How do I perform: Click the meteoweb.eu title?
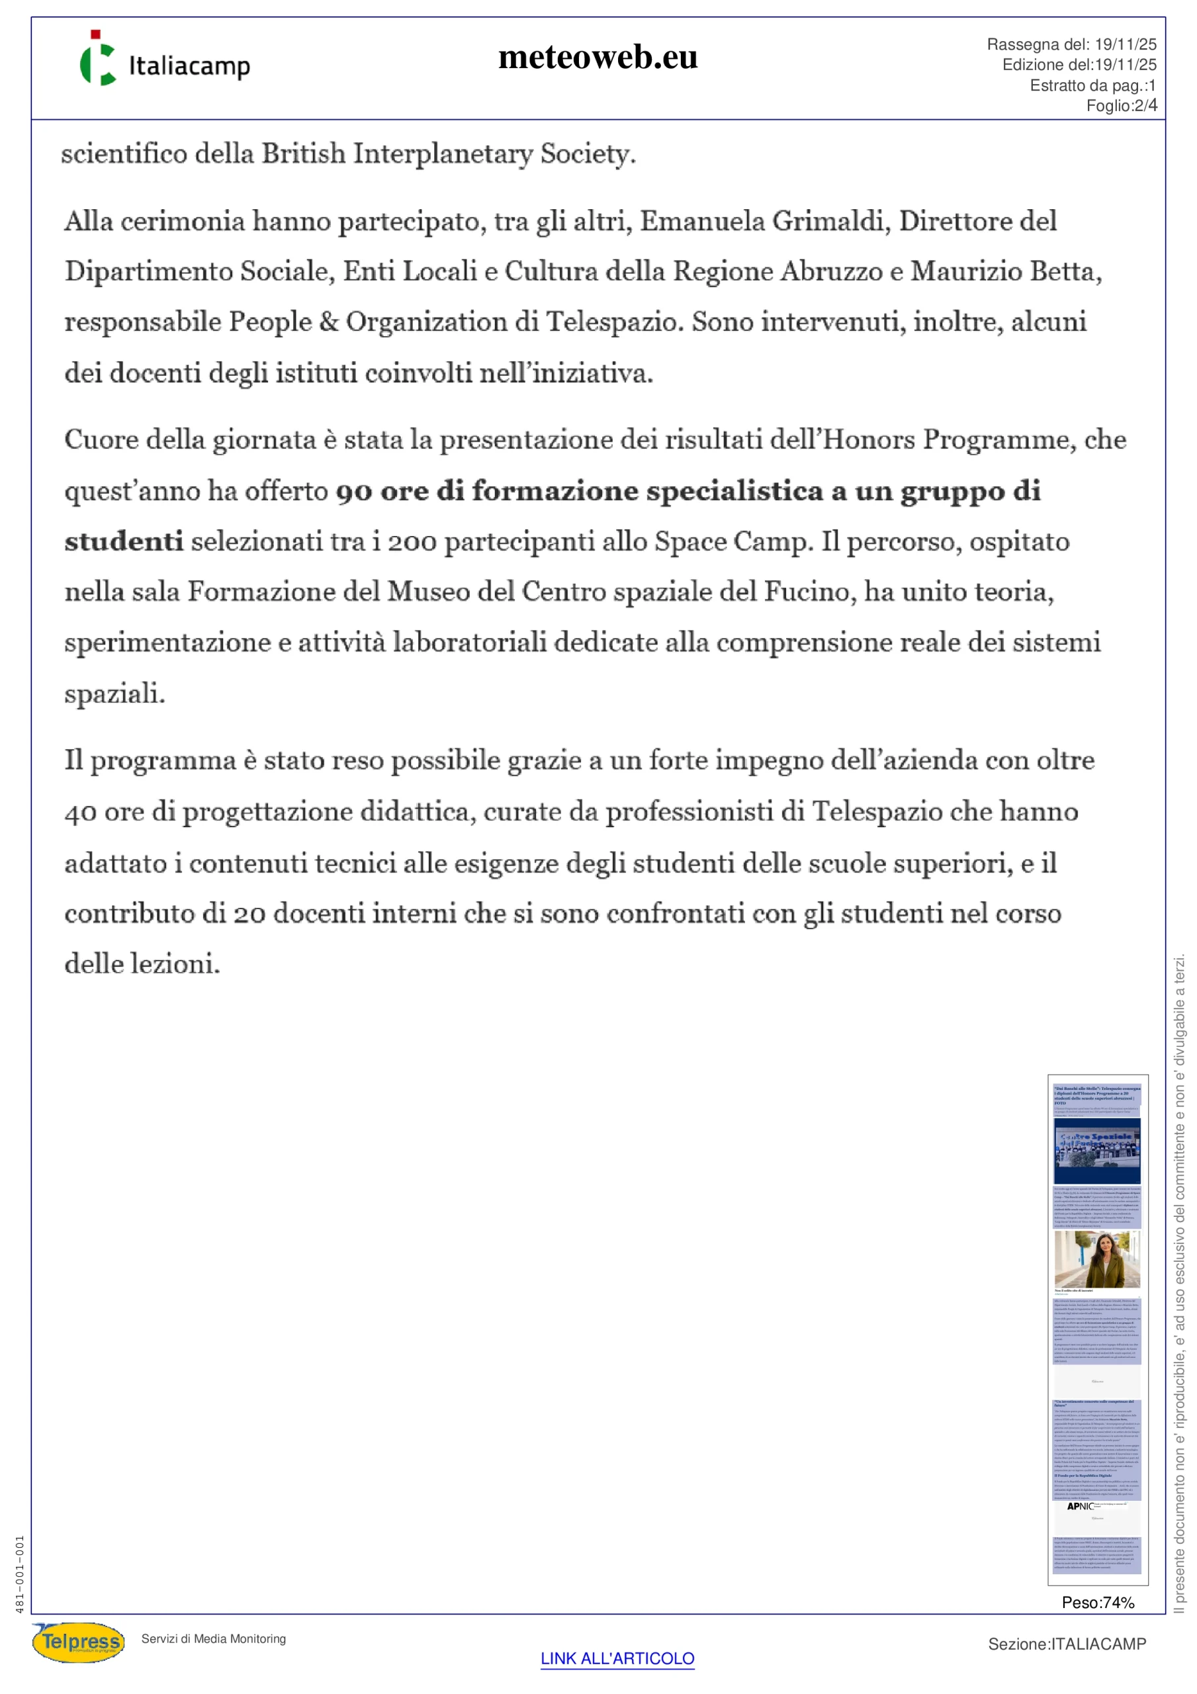pos(598,58)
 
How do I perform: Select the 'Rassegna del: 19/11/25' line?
pos(1071,44)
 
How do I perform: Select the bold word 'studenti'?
pos(123,541)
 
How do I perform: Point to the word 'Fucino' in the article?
pos(809,592)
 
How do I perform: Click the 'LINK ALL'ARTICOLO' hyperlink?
pos(617,1658)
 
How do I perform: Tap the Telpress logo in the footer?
pos(78,1642)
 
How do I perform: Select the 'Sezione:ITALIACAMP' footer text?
pos(1067,1644)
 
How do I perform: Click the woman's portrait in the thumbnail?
pos(1097,1258)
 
